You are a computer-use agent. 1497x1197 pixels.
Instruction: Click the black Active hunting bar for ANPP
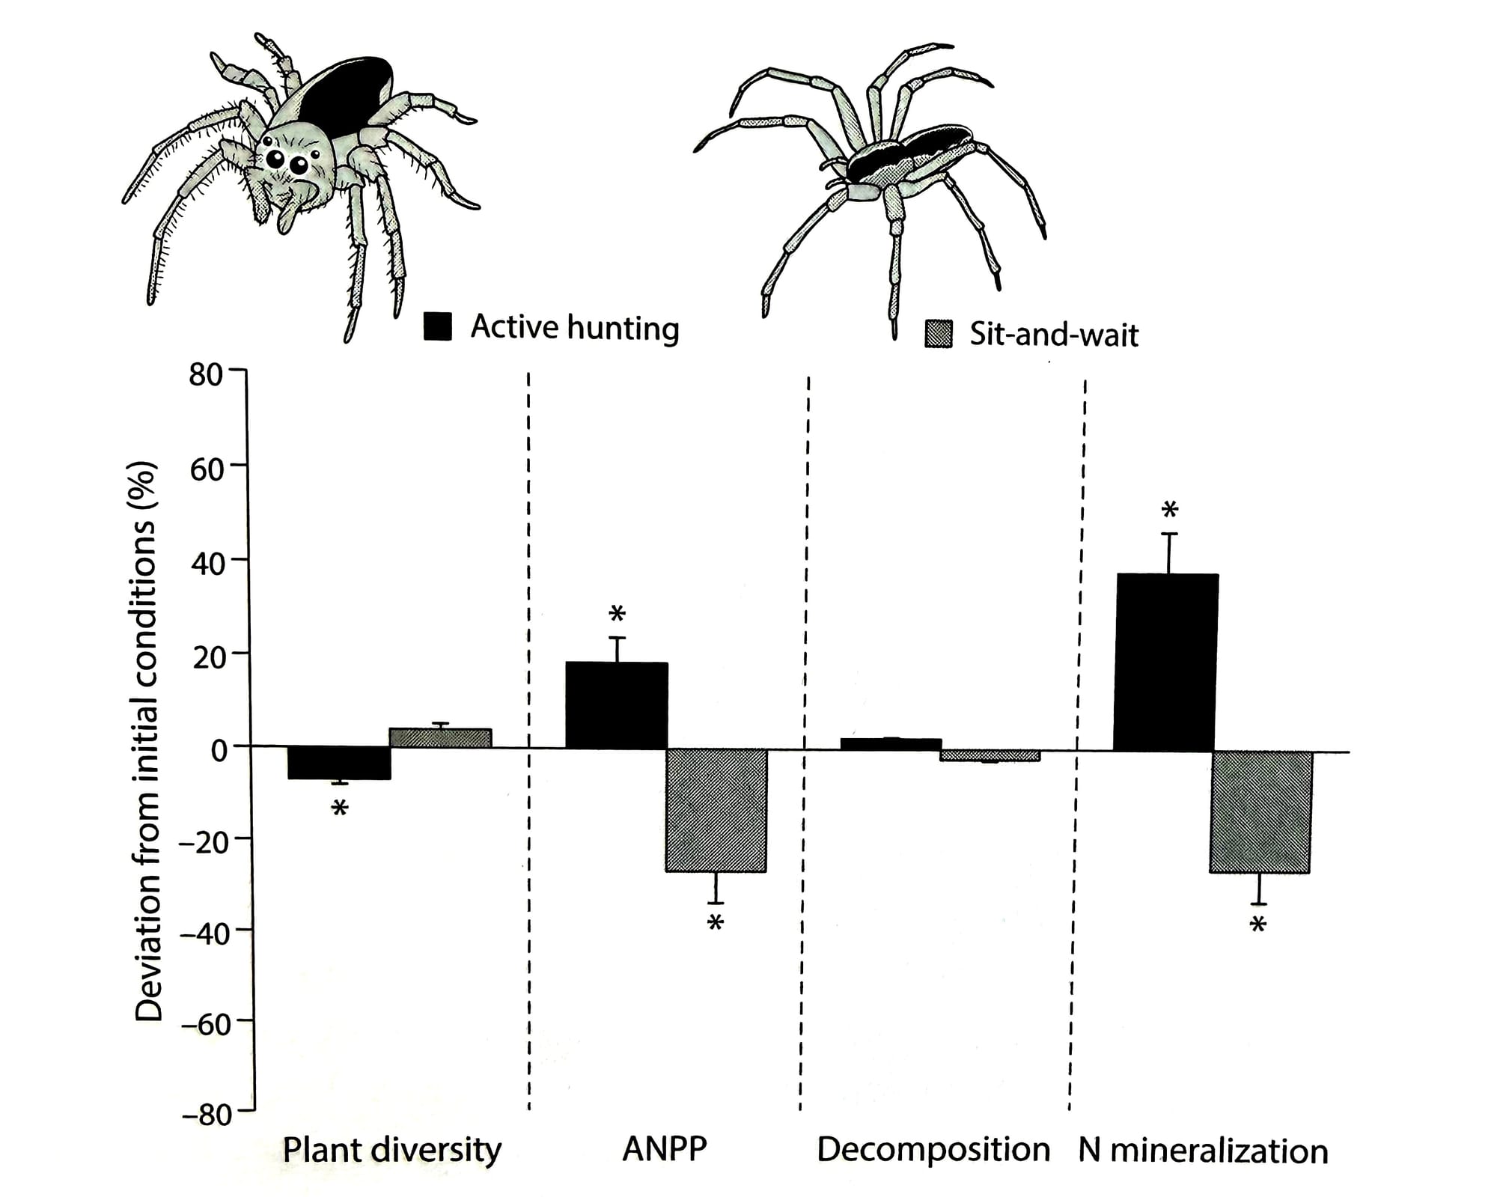click(x=616, y=705)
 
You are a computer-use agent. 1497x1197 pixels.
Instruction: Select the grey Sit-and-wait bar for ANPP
click(x=716, y=810)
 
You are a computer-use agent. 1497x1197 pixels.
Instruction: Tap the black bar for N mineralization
click(x=1165, y=663)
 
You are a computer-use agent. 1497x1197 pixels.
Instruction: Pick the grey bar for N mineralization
click(x=1261, y=811)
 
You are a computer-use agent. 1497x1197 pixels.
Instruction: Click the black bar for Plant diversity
click(x=339, y=763)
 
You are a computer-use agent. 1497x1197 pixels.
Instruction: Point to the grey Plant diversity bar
click(x=440, y=737)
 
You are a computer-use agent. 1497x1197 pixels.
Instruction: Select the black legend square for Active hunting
click(x=437, y=326)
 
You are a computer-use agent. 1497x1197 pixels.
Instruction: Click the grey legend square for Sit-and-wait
click(x=939, y=334)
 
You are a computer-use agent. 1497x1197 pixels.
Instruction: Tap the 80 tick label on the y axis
click(x=205, y=374)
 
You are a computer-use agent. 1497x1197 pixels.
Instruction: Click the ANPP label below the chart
click(x=664, y=1148)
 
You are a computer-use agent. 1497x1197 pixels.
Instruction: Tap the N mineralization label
click(x=1203, y=1151)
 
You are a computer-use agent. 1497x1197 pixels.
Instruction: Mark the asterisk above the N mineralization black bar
click(x=1169, y=511)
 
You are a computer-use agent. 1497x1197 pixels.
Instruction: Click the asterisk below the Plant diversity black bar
click(x=340, y=809)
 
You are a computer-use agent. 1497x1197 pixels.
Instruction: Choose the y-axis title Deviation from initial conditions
click(x=147, y=741)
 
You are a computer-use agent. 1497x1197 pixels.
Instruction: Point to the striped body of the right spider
click(x=909, y=159)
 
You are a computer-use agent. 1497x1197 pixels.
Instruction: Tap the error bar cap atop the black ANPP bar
click(x=617, y=638)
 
